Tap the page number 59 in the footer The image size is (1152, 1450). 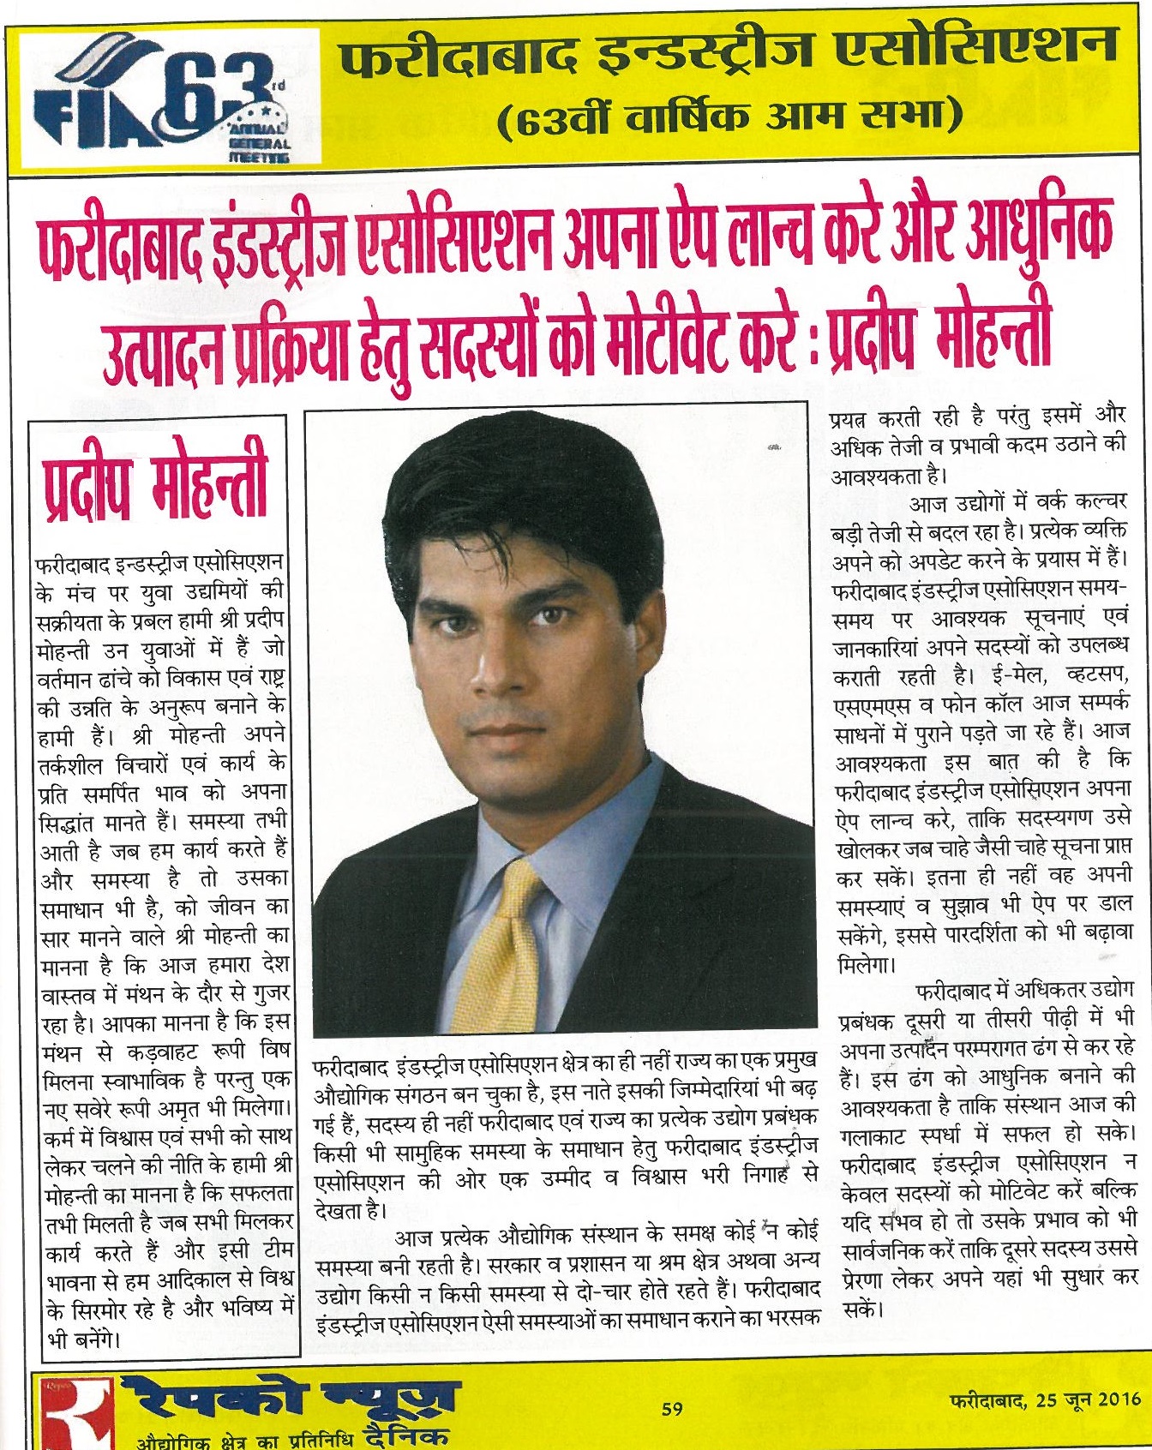[x=672, y=1407]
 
